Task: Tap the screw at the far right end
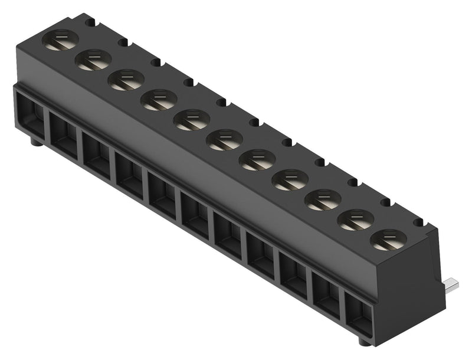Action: click(x=388, y=239)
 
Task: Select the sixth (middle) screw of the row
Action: click(x=224, y=139)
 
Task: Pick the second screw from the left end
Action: click(x=93, y=60)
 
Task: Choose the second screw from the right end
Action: click(x=355, y=220)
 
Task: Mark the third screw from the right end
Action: click(x=323, y=199)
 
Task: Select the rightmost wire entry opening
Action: click(x=356, y=313)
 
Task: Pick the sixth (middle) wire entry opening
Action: click(x=195, y=214)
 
